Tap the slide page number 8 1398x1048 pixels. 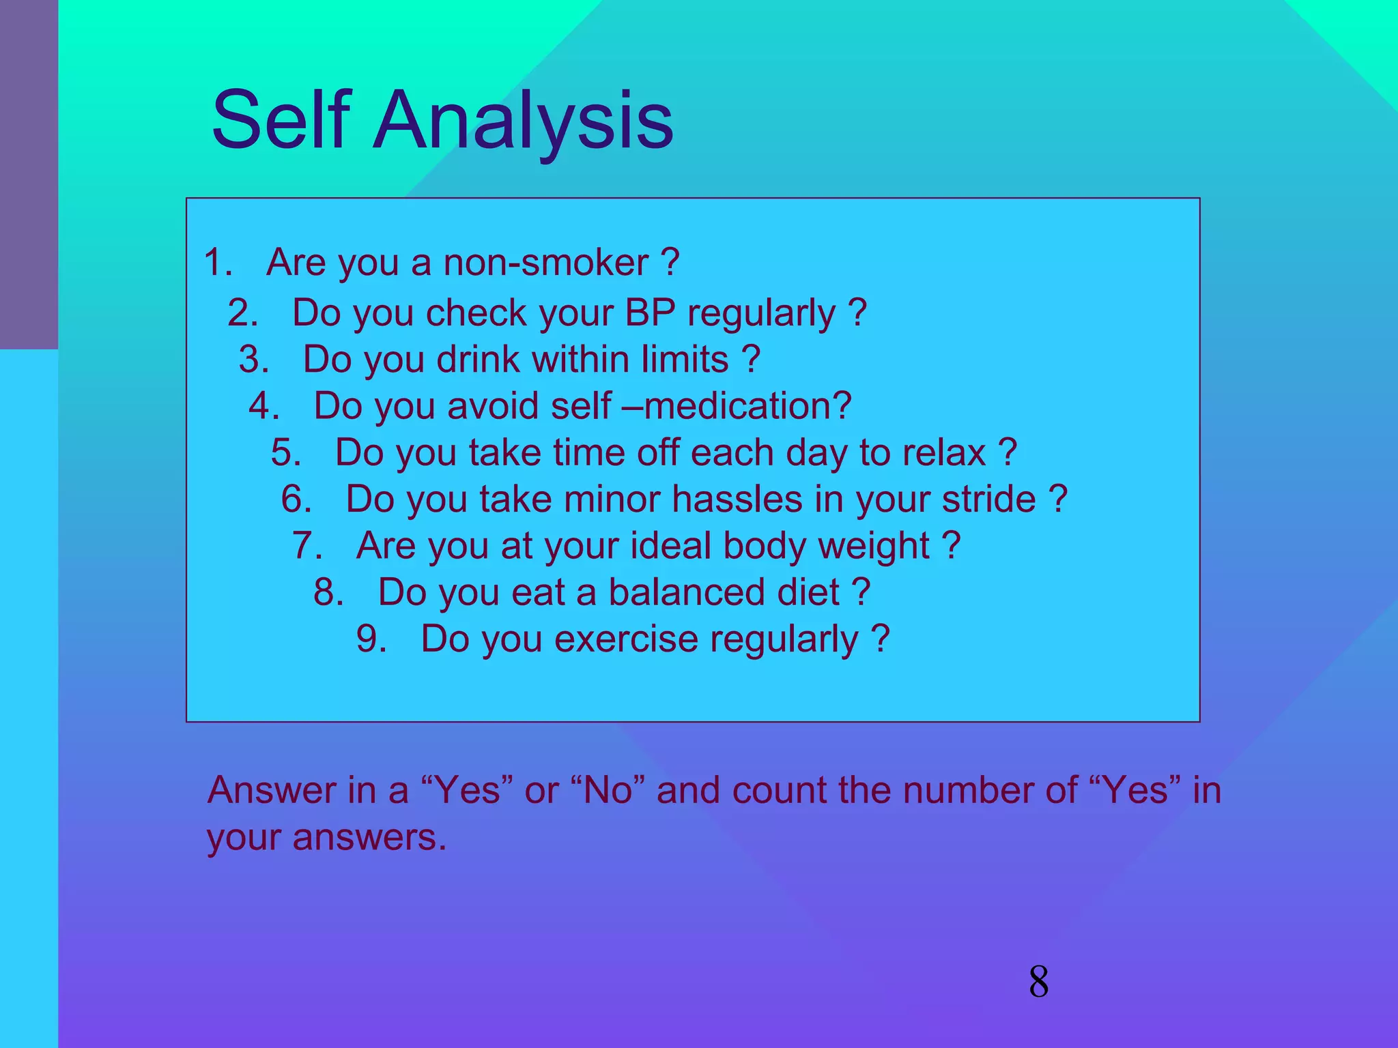coord(1038,982)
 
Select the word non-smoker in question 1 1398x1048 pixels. coord(545,263)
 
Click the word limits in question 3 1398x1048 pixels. coord(685,360)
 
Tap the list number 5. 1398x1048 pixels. coord(285,452)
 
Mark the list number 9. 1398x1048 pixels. coord(371,639)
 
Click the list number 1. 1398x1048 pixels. coord(218,263)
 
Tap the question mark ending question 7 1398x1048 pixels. coord(952,545)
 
